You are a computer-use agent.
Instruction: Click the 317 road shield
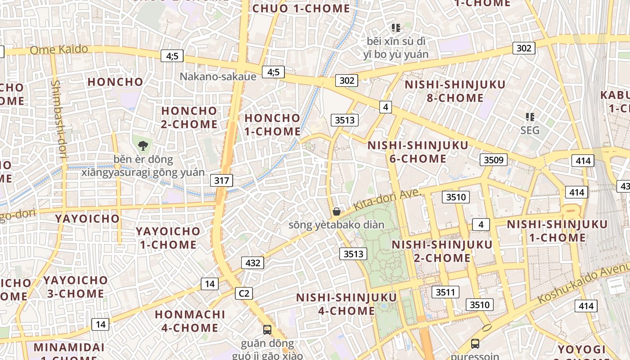point(221,181)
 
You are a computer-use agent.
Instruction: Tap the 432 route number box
point(252,263)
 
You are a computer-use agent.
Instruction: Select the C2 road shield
point(243,293)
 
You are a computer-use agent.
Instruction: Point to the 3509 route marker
point(494,160)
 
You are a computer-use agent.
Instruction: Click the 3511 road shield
point(445,292)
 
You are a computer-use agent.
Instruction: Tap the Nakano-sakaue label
point(218,76)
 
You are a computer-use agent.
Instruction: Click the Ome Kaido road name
point(58,49)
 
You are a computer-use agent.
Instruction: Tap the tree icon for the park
point(143,145)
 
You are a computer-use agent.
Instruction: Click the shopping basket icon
point(336,211)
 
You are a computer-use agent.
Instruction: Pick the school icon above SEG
point(530,117)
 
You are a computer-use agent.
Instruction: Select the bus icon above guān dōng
point(267,330)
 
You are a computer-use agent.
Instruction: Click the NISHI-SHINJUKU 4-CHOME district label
point(346,304)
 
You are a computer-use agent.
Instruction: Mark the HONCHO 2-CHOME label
point(189,117)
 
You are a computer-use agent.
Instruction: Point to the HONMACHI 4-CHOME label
point(189,321)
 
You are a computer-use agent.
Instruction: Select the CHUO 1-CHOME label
point(301,9)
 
